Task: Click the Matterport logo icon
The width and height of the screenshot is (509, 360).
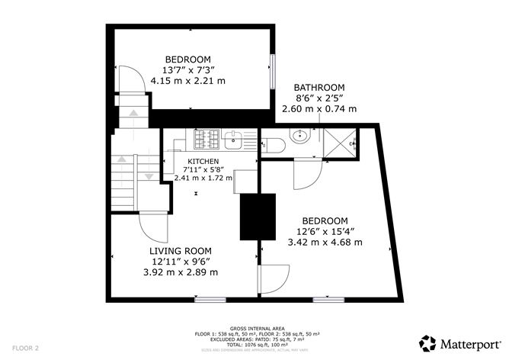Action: coord(427,342)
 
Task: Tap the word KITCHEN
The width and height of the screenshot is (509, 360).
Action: coord(203,161)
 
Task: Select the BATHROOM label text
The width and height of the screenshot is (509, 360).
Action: coord(319,87)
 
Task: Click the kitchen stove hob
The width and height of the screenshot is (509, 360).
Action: coord(206,140)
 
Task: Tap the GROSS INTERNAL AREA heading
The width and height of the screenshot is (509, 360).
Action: coord(253,326)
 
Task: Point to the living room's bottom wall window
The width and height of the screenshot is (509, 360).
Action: coord(210,300)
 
